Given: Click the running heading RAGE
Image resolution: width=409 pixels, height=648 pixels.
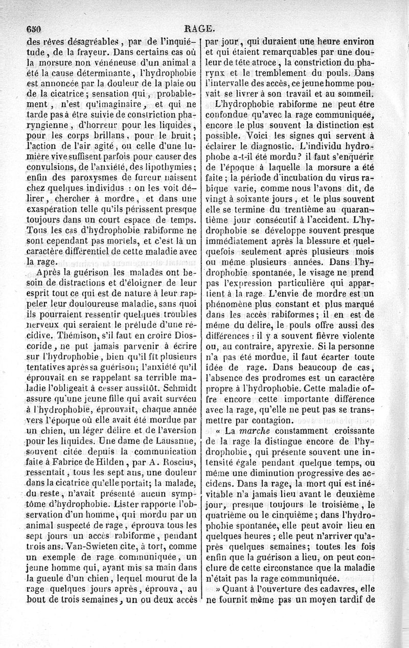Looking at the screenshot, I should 203,29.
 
